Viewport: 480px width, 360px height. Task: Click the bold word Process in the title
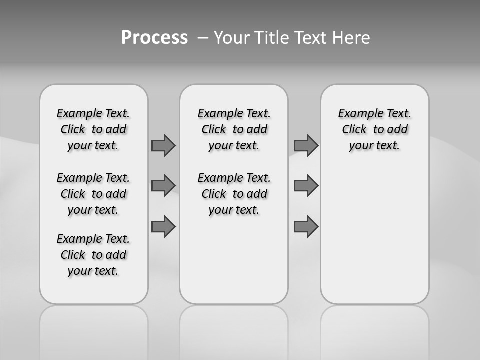click(154, 38)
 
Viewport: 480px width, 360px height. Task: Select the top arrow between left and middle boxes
click(163, 145)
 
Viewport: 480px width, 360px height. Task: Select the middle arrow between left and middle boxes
click(163, 186)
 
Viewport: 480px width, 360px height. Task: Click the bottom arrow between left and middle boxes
click(163, 226)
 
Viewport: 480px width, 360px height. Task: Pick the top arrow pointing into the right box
click(306, 145)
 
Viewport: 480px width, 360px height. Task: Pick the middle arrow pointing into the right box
click(306, 186)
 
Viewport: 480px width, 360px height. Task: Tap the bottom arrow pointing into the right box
click(306, 226)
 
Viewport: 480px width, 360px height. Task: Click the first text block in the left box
click(93, 129)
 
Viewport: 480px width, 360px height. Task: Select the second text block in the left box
click(93, 194)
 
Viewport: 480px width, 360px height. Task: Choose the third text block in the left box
click(93, 255)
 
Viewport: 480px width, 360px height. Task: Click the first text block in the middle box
click(234, 129)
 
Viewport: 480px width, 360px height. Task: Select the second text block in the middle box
click(234, 194)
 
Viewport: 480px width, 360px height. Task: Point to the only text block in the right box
click(375, 129)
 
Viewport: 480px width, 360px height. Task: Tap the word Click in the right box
click(354, 129)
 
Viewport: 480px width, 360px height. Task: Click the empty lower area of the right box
click(375, 235)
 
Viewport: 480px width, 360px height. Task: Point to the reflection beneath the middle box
click(234, 330)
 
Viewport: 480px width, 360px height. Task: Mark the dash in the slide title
click(203, 38)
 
